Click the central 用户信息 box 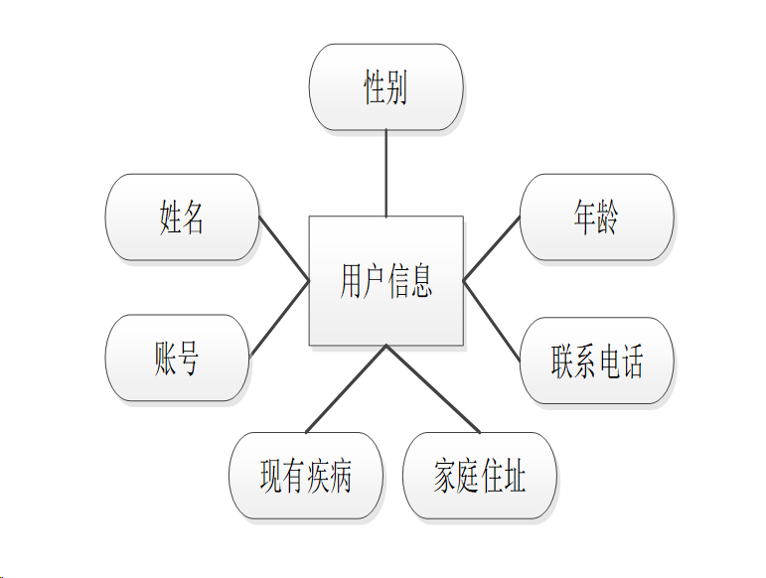385,280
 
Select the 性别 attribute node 385,88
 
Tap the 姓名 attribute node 182,217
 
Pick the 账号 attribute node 177,358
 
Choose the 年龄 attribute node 596,217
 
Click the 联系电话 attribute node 596,361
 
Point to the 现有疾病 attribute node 305,476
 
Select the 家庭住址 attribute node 480,476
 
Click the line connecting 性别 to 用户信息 385,174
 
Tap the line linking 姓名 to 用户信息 284,249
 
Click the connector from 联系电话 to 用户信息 492,320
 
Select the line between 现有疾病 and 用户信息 346,388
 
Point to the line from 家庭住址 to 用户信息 432,388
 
